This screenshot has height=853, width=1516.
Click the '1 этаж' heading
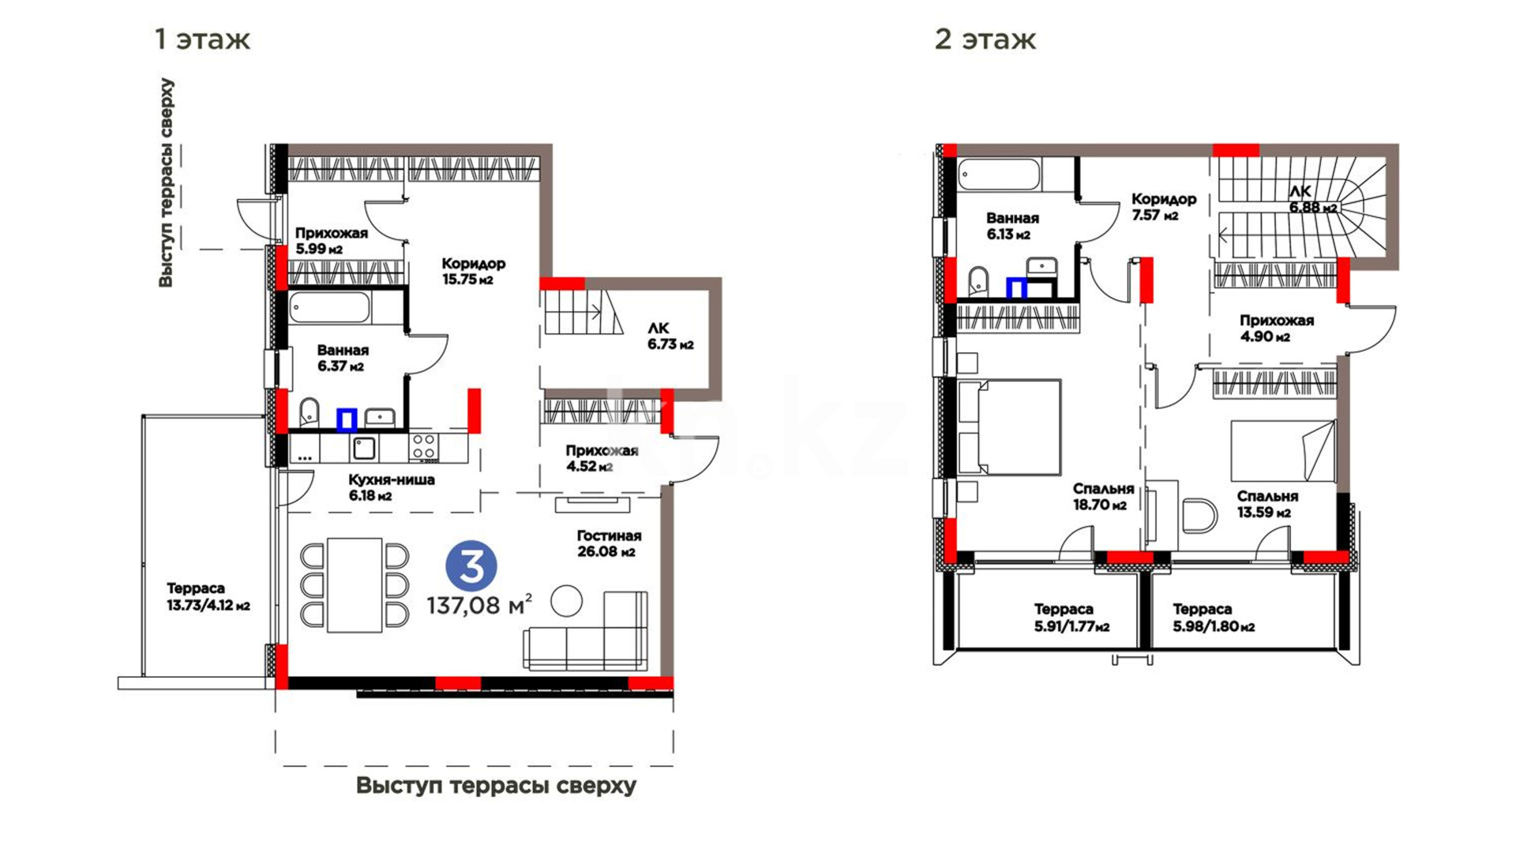click(203, 39)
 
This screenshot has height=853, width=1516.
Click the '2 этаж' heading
click(985, 39)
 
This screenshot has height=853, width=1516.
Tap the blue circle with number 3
click(471, 566)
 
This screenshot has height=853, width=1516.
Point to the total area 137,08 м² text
click(479, 605)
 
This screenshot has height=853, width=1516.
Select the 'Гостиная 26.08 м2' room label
click(608, 543)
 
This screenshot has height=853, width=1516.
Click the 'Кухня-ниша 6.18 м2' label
click(392, 487)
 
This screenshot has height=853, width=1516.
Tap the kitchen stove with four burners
click(423, 448)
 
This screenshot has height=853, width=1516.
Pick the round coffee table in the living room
click(566, 601)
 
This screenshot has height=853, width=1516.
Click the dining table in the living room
click(355, 585)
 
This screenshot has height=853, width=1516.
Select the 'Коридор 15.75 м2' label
click(473, 271)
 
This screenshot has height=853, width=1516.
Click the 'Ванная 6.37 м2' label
click(343, 358)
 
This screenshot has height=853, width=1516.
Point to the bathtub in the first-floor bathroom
click(329, 307)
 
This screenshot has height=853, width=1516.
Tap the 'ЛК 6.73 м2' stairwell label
click(670, 336)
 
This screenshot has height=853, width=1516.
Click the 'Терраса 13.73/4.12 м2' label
click(208, 597)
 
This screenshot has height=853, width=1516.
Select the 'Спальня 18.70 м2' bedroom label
click(1103, 497)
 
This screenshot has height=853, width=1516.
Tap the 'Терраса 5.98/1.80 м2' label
click(1214, 618)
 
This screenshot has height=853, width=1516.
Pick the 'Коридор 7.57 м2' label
click(1163, 207)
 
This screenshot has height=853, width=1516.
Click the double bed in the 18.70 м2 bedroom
click(1009, 426)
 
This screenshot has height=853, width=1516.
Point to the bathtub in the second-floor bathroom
click(999, 175)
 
